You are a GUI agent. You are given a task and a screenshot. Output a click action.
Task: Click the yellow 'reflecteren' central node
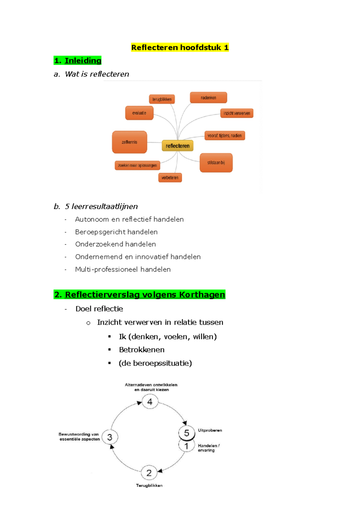(178, 146)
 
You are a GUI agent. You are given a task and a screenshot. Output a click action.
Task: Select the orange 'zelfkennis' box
(130, 142)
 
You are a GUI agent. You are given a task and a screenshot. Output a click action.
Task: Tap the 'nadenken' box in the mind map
(208, 98)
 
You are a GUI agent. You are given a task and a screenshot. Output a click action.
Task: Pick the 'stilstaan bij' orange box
(216, 163)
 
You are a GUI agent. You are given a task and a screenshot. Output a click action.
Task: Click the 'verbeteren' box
(170, 178)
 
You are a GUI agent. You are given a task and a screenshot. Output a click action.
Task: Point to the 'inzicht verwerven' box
(237, 113)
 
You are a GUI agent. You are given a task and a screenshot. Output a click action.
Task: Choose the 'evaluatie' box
(139, 113)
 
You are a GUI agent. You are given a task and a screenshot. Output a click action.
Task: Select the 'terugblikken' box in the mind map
(162, 99)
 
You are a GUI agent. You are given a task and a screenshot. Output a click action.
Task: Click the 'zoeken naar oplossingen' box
(137, 165)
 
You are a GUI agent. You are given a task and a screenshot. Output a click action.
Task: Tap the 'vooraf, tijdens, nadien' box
(225, 136)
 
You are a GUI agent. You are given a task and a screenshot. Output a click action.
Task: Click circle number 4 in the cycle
(150, 402)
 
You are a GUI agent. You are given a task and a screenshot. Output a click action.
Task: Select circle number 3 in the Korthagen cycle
(110, 437)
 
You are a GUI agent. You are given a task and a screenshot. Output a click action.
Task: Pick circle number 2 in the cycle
(149, 473)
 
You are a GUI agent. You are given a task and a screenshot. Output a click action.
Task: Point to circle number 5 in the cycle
(187, 433)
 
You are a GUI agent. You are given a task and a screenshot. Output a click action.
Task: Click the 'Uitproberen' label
(210, 430)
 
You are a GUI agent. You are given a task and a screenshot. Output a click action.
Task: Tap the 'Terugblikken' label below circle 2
(149, 485)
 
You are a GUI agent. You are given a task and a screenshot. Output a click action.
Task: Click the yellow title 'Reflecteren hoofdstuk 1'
(180, 47)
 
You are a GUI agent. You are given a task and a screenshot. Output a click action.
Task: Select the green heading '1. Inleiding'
(78, 61)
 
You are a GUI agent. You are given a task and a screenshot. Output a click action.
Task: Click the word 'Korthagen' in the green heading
(202, 295)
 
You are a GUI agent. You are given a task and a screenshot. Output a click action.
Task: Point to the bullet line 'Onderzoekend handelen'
(115, 244)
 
